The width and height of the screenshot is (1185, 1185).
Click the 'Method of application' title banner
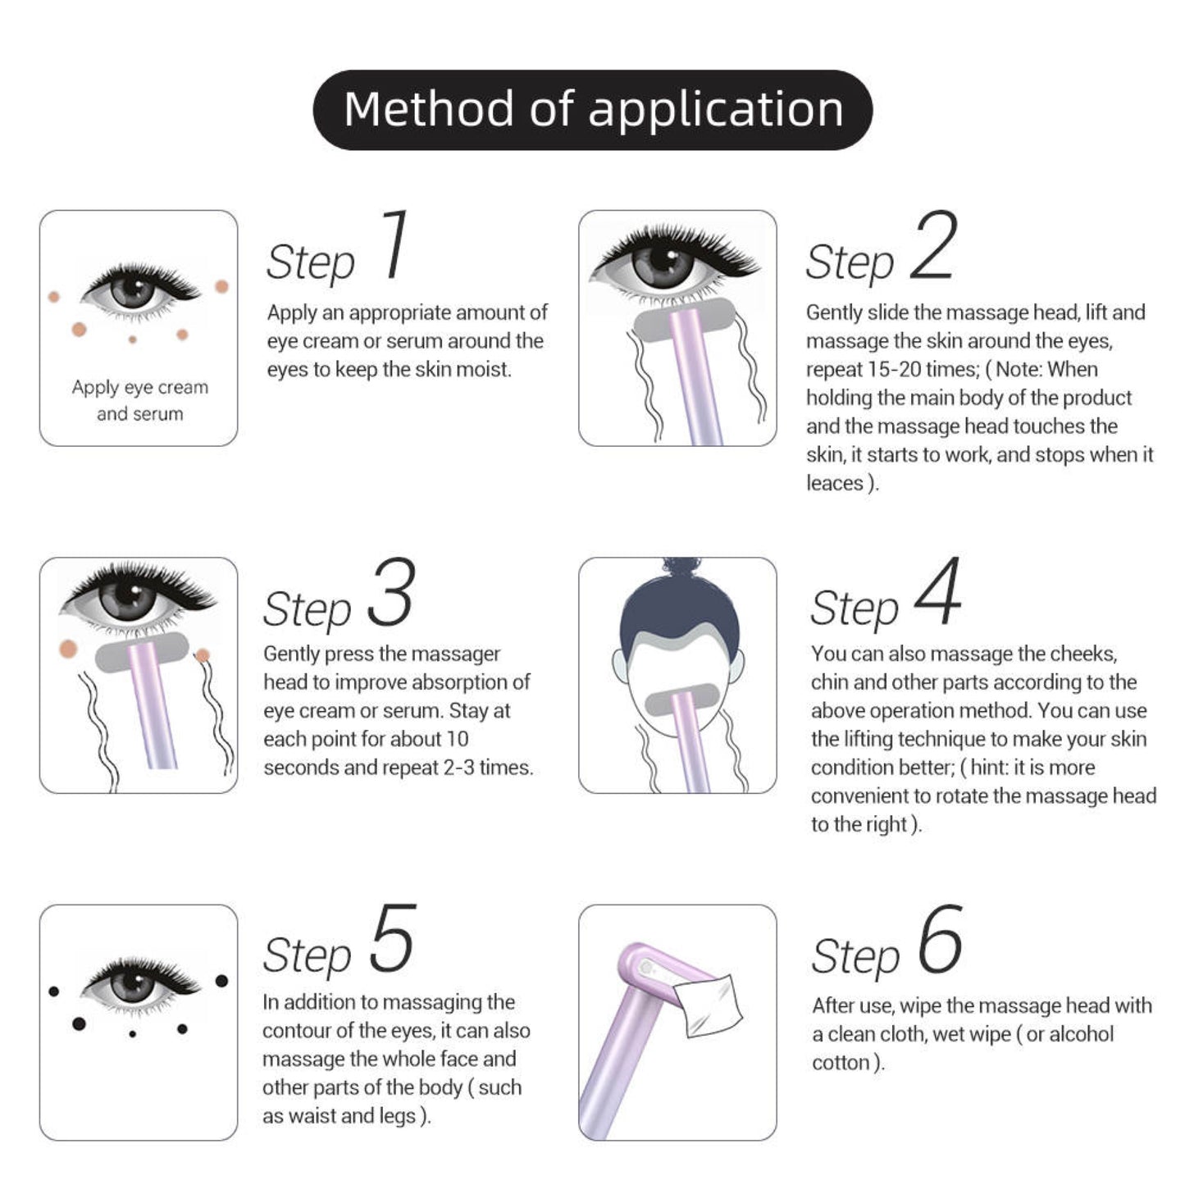(592, 110)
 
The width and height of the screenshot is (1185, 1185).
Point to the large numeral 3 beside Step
(391, 593)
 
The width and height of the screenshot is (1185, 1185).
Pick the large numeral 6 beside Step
(940, 940)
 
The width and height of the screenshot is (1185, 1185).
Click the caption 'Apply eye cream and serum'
(139, 400)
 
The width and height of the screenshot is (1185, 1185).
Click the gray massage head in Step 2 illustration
(684, 320)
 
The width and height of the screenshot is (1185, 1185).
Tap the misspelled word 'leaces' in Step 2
(835, 483)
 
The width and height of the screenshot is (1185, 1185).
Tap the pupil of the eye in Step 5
(133, 984)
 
